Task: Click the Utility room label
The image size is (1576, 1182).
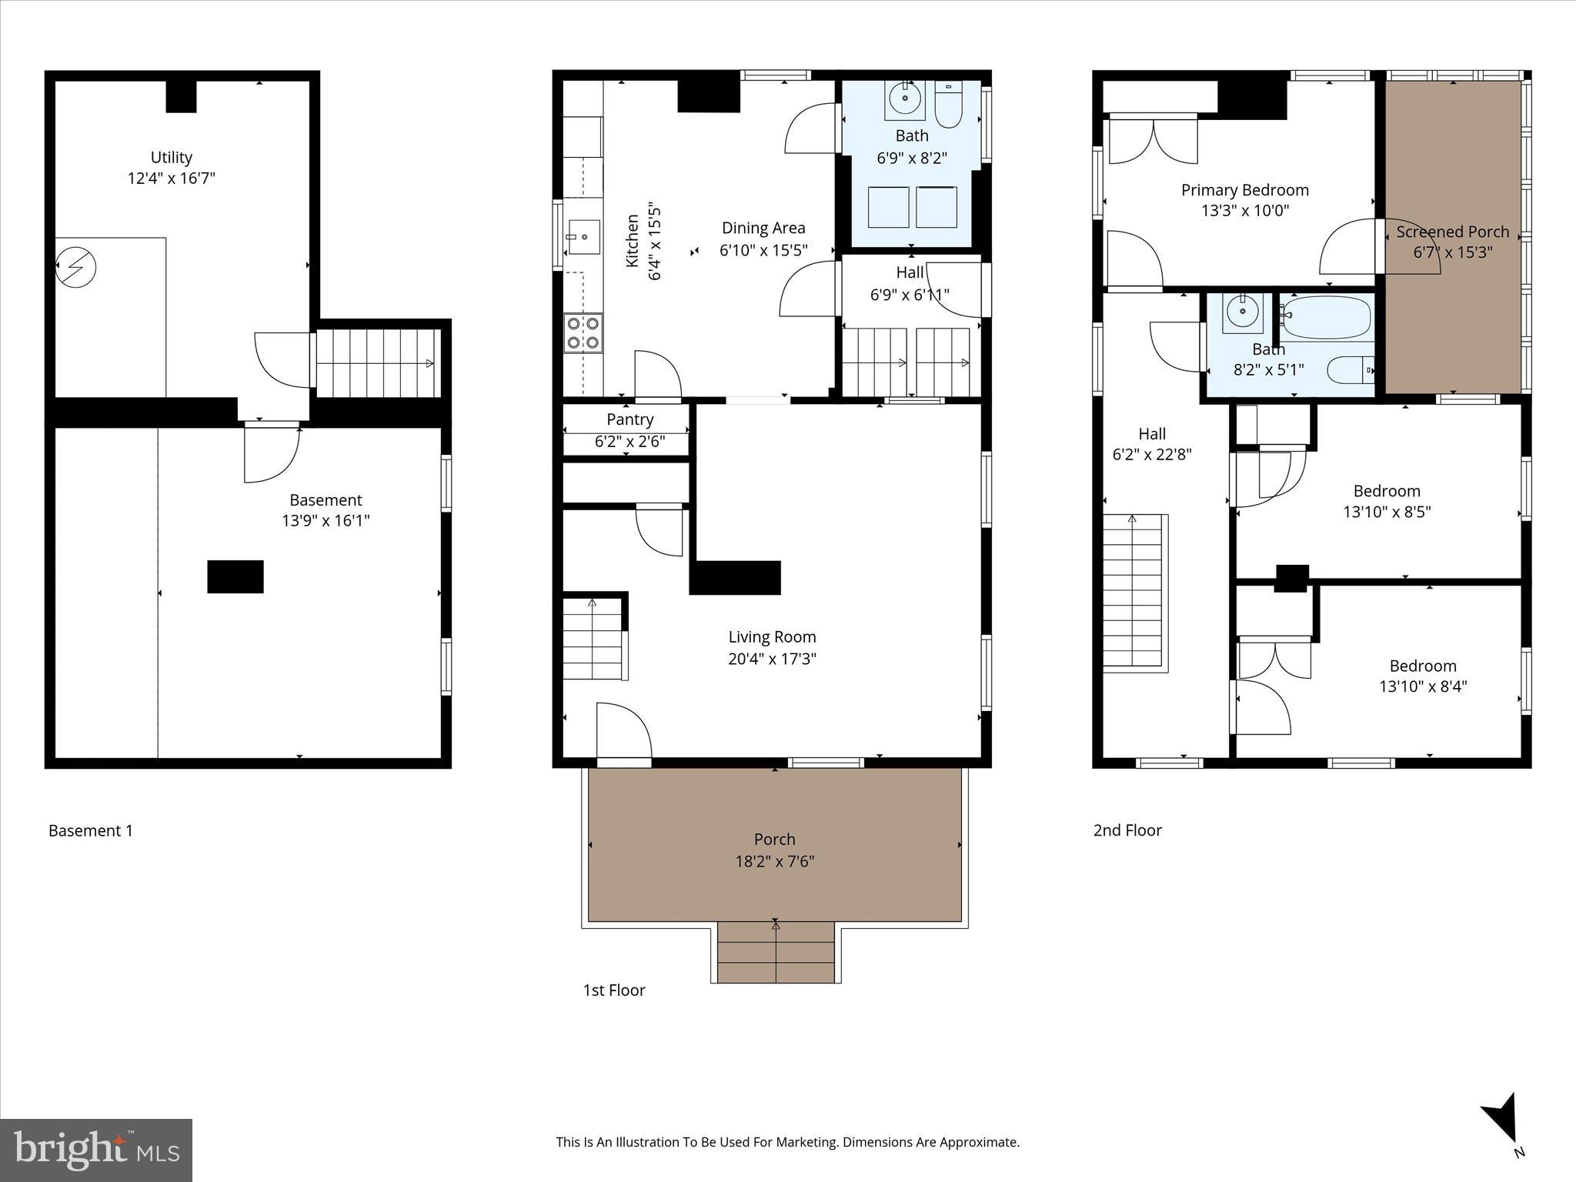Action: click(x=171, y=158)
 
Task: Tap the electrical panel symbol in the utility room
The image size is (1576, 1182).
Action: click(x=76, y=267)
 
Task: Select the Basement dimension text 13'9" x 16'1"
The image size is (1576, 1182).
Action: click(x=326, y=521)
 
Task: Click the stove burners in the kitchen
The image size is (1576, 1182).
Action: click(x=583, y=333)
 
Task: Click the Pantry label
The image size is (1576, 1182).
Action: click(x=629, y=419)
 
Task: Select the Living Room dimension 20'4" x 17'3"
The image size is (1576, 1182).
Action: click(x=772, y=659)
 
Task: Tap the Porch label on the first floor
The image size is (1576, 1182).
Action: click(x=774, y=840)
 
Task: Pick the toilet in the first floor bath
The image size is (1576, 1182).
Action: click(x=948, y=108)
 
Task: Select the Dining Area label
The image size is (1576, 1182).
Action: click(x=763, y=228)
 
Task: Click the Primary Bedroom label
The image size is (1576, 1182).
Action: click(x=1244, y=190)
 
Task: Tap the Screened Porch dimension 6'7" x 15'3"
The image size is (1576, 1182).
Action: click(x=1452, y=252)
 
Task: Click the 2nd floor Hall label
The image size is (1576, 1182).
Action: click(x=1151, y=434)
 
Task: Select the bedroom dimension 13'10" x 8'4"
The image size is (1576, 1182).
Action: click(x=1422, y=686)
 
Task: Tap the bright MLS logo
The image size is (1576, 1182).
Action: click(x=96, y=1150)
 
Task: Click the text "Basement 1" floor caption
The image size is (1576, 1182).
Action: click(x=91, y=831)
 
